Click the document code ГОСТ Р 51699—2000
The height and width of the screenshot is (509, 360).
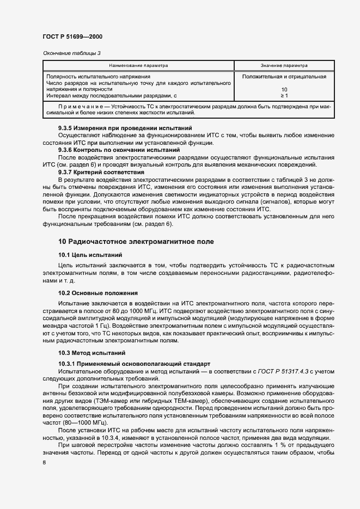72,36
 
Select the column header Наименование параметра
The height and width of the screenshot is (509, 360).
138,65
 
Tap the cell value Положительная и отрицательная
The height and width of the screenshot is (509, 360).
284,77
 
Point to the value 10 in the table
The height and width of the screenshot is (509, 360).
284,89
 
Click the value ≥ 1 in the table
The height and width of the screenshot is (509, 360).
284,96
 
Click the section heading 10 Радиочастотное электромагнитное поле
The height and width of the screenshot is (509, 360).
136,241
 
